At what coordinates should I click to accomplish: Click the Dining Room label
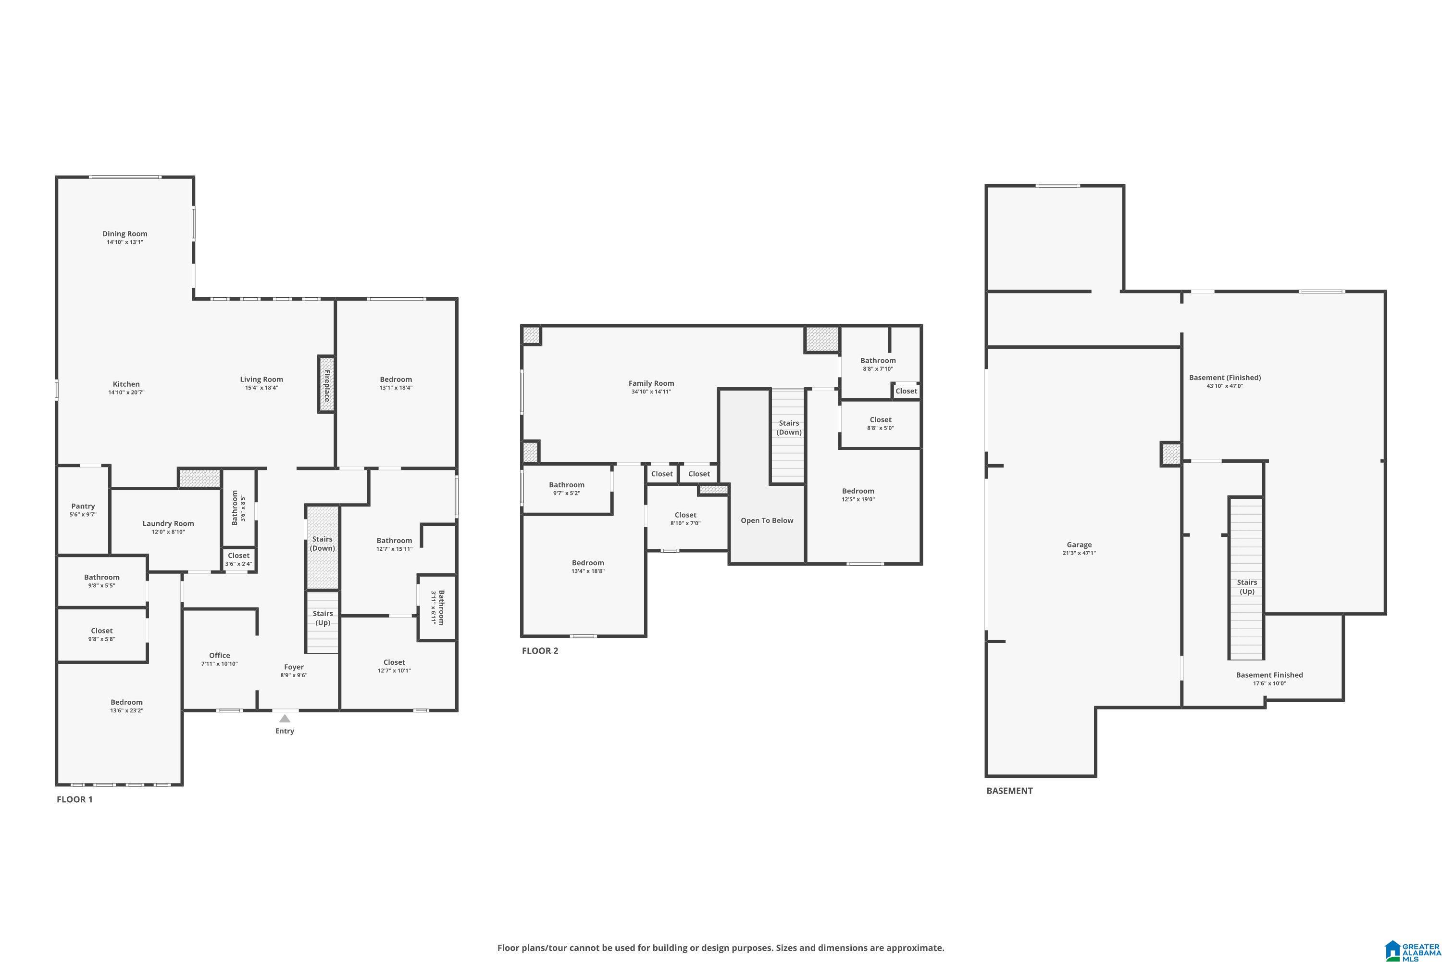(124, 234)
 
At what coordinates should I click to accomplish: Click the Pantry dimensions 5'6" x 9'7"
(83, 515)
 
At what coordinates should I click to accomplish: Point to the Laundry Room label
(168, 523)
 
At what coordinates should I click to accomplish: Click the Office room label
(220, 655)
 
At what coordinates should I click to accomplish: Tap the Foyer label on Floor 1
(294, 667)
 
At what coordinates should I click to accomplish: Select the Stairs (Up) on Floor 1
(323, 618)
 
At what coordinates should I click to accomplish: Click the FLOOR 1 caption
(75, 799)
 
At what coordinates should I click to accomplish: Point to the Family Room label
(651, 383)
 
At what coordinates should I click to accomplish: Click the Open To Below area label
(766, 520)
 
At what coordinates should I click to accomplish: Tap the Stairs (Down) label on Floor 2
(788, 428)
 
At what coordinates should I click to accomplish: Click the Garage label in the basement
(1079, 545)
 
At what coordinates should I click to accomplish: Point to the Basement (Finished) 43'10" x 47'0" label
(1224, 378)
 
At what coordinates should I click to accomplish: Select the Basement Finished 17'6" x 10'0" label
(1269, 675)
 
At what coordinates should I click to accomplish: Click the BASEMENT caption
(1009, 791)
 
